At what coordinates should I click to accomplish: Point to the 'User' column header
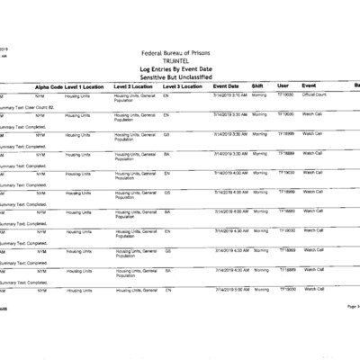pyautogui.click(x=284, y=85)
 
